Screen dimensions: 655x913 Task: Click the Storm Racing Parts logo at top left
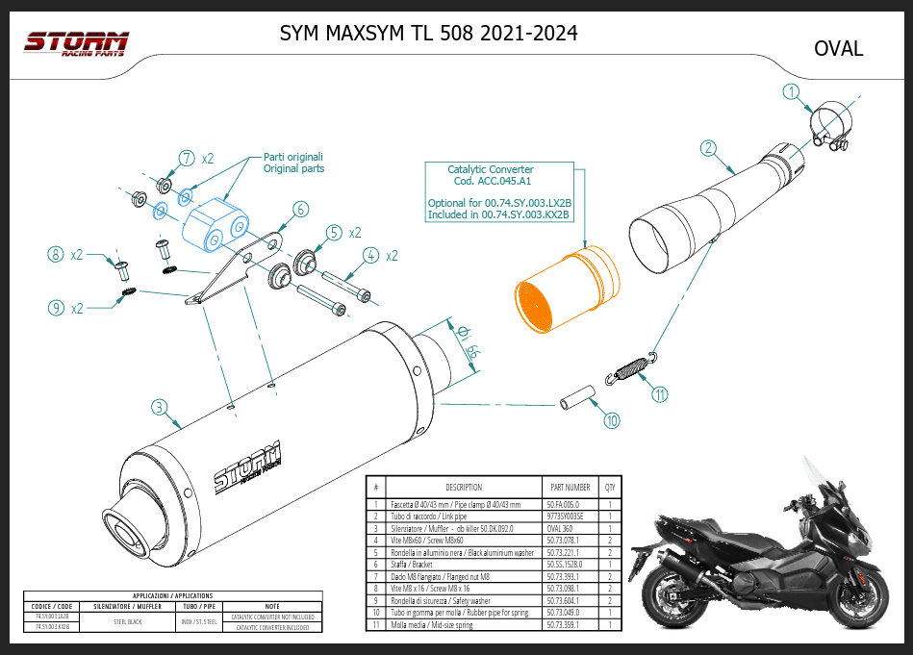point(76,44)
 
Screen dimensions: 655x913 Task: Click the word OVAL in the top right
point(838,48)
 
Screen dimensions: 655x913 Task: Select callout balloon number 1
point(791,93)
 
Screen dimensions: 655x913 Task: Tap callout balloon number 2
point(708,148)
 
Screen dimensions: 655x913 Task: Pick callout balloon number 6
point(299,209)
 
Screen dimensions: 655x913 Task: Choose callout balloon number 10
point(612,420)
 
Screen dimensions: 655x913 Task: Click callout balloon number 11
point(659,393)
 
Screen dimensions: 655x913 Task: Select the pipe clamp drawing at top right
point(829,128)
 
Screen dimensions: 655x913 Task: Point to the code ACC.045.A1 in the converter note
point(491,182)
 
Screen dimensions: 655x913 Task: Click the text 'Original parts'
point(293,168)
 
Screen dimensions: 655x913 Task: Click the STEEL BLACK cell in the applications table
point(128,621)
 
